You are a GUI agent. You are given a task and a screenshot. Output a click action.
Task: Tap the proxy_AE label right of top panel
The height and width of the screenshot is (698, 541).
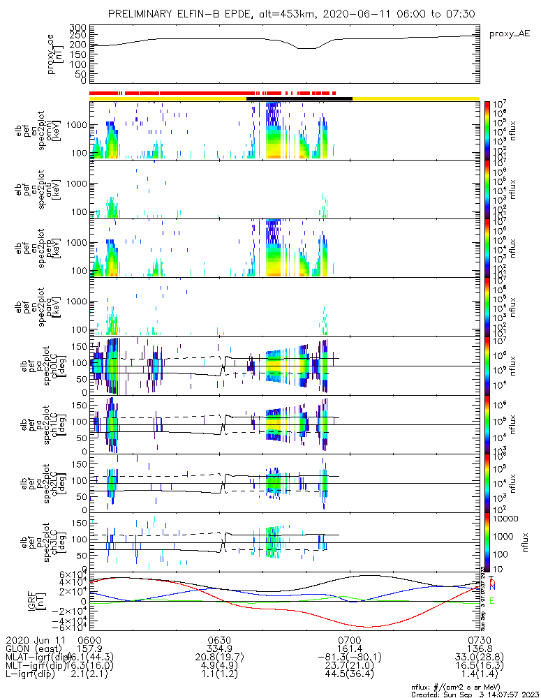pyautogui.click(x=510, y=33)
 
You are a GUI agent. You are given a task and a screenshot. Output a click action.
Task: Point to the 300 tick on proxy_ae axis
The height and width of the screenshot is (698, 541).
pyautogui.click(x=77, y=27)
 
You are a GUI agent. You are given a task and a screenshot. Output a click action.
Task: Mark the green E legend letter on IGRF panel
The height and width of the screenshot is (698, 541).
pyautogui.click(x=491, y=600)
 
